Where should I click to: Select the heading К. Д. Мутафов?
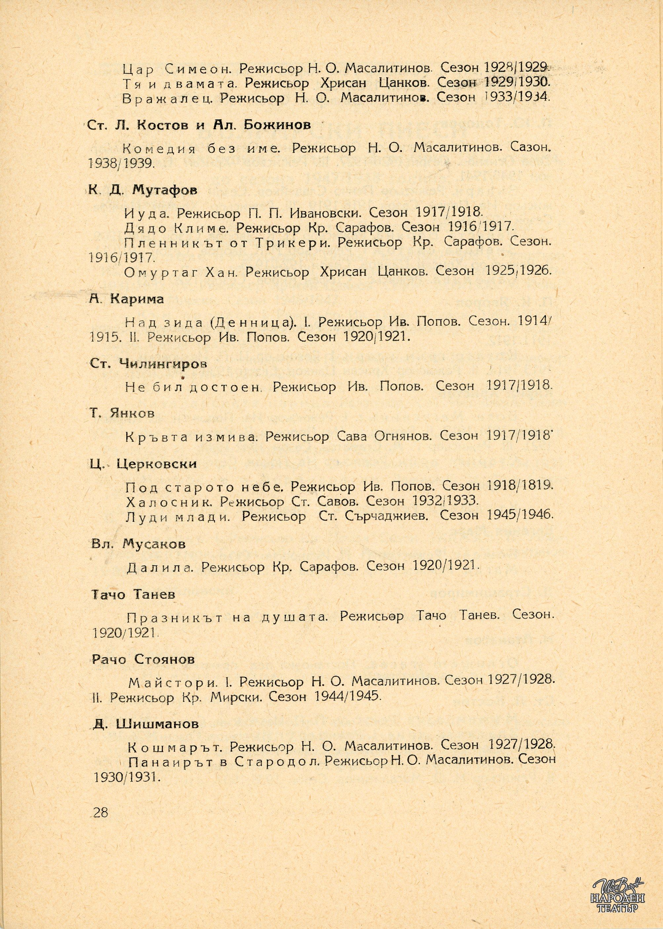[x=142, y=191]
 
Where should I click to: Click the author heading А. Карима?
[x=127, y=299]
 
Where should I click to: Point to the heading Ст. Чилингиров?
[x=148, y=364]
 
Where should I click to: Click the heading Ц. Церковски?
[x=143, y=464]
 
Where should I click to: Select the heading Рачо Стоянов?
[x=143, y=660]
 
